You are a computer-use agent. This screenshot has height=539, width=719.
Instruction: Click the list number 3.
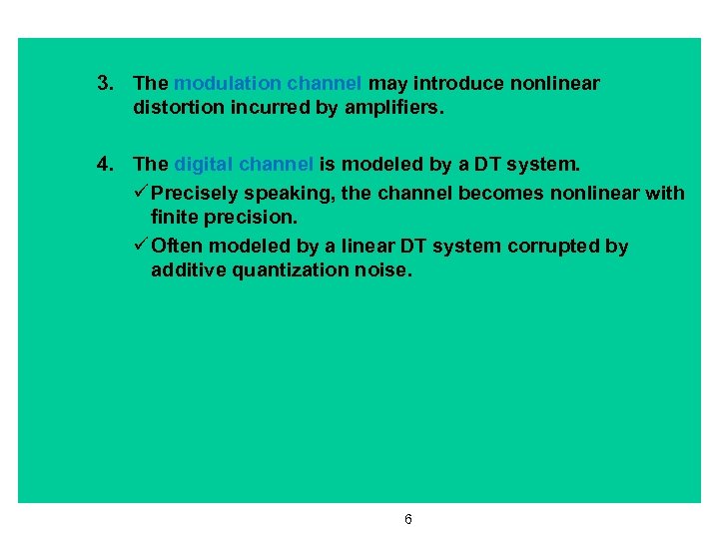tap(103, 84)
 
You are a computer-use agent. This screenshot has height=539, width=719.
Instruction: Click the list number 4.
tap(103, 164)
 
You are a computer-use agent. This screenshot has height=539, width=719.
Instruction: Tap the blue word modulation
tap(227, 84)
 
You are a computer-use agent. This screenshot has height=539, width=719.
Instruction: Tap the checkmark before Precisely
tap(141, 192)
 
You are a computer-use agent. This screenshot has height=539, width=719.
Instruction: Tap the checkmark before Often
tap(141, 246)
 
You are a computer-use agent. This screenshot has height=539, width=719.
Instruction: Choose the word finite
tap(176, 217)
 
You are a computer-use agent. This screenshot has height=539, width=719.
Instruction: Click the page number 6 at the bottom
tap(408, 519)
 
